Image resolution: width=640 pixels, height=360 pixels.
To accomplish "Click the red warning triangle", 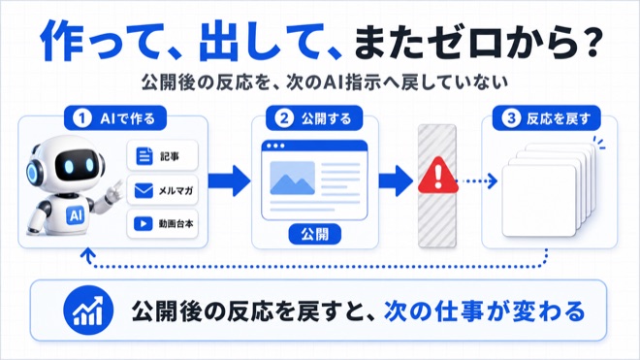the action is click(438, 176).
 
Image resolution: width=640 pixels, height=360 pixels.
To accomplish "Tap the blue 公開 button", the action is click(315, 235).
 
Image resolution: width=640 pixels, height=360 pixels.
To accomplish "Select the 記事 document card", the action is click(163, 155).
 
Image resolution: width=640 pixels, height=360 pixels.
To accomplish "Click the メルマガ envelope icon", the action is click(144, 190).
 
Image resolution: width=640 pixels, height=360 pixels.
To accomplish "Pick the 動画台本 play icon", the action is click(144, 224).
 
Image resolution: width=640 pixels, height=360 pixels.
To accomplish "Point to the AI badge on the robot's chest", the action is click(76, 215).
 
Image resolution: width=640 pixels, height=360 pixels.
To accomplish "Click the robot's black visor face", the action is click(78, 166).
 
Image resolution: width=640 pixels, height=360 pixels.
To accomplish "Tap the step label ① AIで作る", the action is click(115, 118).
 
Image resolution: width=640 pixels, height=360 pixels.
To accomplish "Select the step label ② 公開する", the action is click(314, 118).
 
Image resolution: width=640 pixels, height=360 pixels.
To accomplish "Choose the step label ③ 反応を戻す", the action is click(547, 118).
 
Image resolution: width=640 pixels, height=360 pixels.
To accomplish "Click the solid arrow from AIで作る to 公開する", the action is click(229, 180).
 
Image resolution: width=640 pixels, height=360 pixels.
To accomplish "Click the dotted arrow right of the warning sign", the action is click(477, 180).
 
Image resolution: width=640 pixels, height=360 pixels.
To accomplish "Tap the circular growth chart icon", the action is click(88, 311).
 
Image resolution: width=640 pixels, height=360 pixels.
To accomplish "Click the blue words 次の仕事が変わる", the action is click(485, 311).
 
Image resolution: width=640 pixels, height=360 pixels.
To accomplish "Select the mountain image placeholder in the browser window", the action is click(292, 179).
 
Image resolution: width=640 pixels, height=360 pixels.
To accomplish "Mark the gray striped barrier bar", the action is click(437, 186).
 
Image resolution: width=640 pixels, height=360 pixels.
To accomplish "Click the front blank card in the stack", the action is click(539, 201).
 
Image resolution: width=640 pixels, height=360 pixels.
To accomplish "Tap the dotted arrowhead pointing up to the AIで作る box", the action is click(87, 254).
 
